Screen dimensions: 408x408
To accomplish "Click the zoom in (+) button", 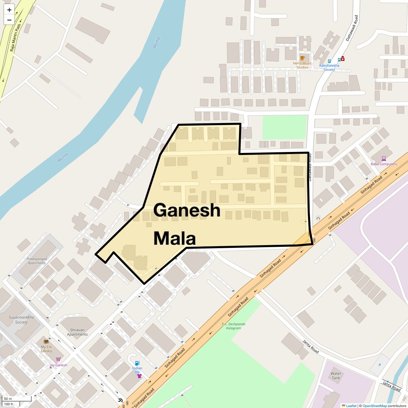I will (x=9, y=10).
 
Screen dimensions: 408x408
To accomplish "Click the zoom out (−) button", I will (x=9, y=20).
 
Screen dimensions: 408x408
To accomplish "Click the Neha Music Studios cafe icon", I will (x=303, y=57).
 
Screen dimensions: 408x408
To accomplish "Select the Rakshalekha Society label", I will (x=329, y=67).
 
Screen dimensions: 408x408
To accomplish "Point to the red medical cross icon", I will (x=343, y=59).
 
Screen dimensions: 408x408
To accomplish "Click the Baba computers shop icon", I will (x=384, y=158).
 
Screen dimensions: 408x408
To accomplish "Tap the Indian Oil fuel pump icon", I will (x=137, y=363).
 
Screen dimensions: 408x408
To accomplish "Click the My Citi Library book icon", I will (x=46, y=341).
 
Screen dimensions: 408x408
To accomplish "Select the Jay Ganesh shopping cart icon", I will (x=58, y=359).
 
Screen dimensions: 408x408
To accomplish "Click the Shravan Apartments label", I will (x=77, y=332).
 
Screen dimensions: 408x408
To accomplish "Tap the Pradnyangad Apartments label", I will (x=37, y=261).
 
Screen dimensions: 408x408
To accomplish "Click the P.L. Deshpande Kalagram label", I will (x=234, y=326).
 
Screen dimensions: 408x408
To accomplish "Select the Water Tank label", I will (x=336, y=376).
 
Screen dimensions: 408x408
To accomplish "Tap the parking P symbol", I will (x=380, y=365).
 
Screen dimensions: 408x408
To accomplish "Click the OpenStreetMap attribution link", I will (x=374, y=406).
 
